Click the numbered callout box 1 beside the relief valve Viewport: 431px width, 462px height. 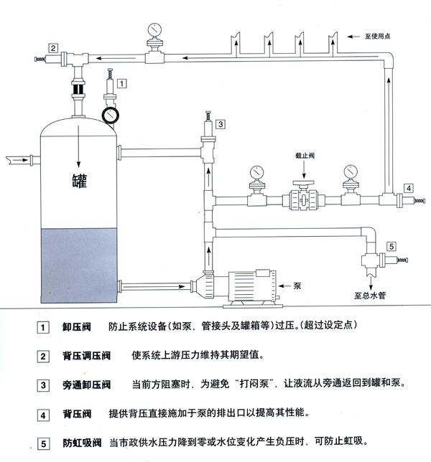click(123, 84)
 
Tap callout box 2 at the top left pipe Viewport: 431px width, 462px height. click(53, 48)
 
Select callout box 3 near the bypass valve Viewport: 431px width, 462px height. click(221, 124)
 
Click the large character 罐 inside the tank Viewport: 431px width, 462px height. click(79, 179)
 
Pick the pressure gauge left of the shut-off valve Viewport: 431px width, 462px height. click(255, 173)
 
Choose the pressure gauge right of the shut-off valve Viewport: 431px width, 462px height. click(351, 172)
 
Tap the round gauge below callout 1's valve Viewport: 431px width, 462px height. click(109, 115)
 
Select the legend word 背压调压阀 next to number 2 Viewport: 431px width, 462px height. click(86, 356)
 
